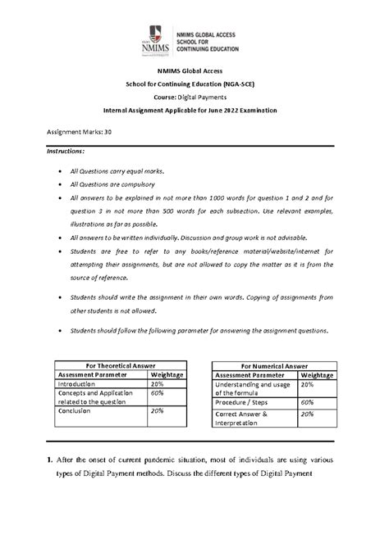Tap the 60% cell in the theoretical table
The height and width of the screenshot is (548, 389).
coord(158,394)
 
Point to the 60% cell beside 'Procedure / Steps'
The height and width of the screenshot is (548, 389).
coord(309,402)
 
